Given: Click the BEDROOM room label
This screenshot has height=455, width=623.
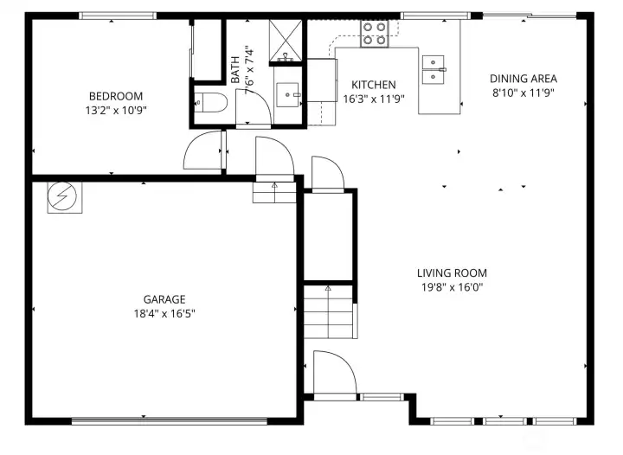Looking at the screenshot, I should tap(115, 96).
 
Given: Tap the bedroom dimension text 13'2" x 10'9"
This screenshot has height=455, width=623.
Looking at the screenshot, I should tap(115, 110).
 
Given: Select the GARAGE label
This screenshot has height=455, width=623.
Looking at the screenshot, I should tap(158, 299).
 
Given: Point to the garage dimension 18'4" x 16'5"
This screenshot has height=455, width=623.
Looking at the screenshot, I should tap(158, 313).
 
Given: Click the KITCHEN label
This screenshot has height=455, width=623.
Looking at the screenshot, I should tap(373, 85).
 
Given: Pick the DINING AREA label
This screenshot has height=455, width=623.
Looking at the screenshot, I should tap(523, 79).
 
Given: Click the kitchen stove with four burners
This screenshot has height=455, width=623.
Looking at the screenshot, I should tap(374, 34).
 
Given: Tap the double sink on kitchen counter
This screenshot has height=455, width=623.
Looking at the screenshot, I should tap(433, 70).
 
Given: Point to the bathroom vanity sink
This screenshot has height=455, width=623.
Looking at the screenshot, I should tap(287, 93).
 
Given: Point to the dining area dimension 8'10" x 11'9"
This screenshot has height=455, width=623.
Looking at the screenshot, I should tap(523, 93).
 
